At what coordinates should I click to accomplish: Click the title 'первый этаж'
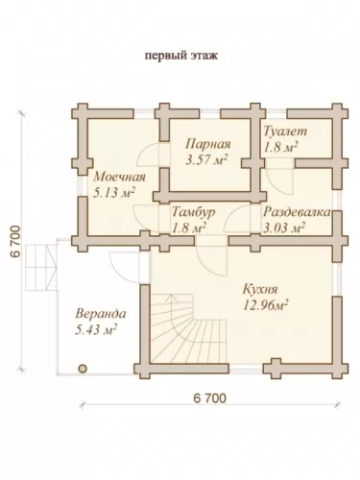pyautogui.click(x=181, y=56)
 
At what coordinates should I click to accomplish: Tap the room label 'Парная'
pyautogui.click(x=208, y=144)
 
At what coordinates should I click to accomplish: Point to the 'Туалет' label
pyautogui.click(x=285, y=131)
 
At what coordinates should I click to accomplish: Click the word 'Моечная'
pyautogui.click(x=119, y=177)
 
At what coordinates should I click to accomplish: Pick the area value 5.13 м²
pyautogui.click(x=113, y=193)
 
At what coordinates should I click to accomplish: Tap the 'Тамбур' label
pyautogui.click(x=194, y=212)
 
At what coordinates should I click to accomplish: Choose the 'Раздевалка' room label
pyautogui.click(x=297, y=212)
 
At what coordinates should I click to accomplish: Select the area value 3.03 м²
pyautogui.click(x=283, y=228)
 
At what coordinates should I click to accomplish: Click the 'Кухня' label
pyautogui.click(x=260, y=289)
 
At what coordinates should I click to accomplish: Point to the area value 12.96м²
pyautogui.click(x=265, y=305)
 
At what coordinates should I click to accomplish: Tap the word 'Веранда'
pyautogui.click(x=101, y=314)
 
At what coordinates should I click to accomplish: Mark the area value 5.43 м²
pyautogui.click(x=96, y=329)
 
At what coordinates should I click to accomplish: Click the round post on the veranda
pyautogui.click(x=83, y=369)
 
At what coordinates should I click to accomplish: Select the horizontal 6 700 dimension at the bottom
pyautogui.click(x=210, y=398)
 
